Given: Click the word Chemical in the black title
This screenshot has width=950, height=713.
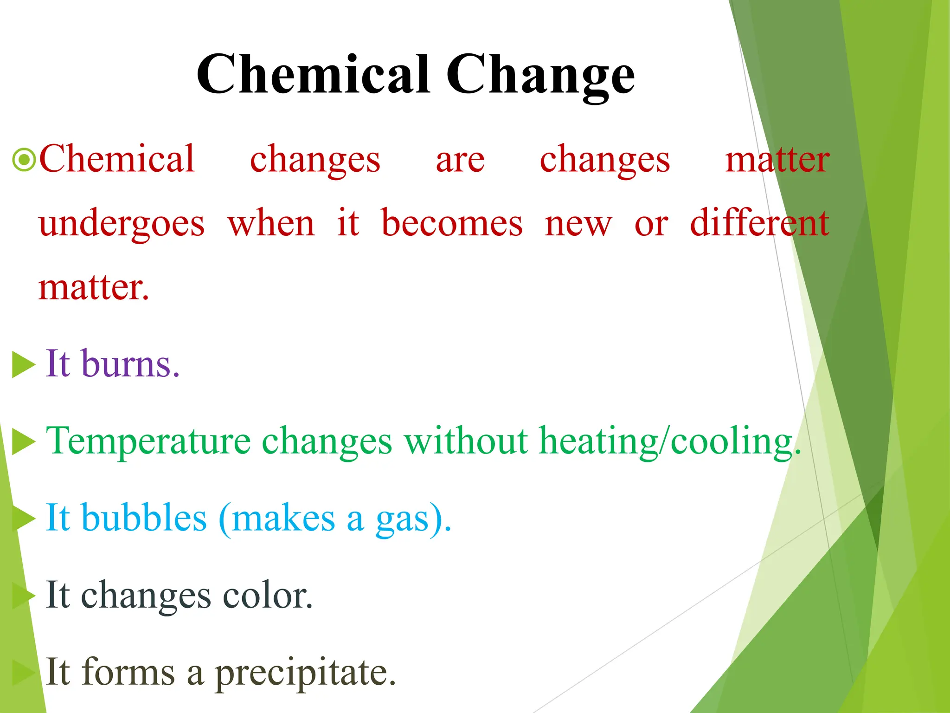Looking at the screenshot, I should tap(313, 74).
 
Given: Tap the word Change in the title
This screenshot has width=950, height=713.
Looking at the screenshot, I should tap(540, 77).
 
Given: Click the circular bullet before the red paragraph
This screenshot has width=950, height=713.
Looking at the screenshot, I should tap(24, 160).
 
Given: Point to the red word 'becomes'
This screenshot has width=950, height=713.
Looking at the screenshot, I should tap(452, 224).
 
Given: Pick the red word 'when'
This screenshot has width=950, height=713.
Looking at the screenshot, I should tap(271, 224).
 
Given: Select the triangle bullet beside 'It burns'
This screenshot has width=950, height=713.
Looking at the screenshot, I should tap(23, 365).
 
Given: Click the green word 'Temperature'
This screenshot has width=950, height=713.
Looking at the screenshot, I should tap(148, 441).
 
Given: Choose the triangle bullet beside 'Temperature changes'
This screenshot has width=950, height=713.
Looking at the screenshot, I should tap(23, 442).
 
